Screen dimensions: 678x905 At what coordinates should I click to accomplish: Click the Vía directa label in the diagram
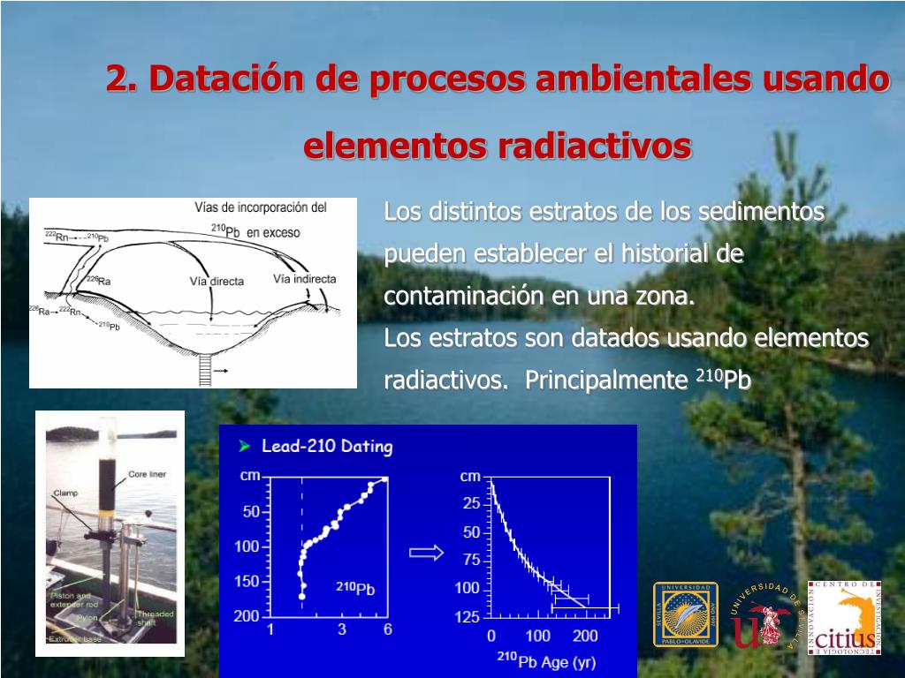coord(217,282)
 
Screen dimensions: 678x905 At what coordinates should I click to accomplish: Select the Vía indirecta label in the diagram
coord(304,279)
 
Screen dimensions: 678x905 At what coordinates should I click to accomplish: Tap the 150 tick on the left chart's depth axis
coord(247,581)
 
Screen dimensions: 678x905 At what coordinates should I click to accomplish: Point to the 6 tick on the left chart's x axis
coord(386,629)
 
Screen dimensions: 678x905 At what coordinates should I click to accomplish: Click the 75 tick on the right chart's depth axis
coord(471,560)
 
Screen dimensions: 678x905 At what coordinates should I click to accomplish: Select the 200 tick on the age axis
coord(585,636)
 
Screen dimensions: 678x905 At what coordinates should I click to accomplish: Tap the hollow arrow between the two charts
coord(426,553)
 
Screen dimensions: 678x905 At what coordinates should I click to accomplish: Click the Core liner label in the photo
coord(147,474)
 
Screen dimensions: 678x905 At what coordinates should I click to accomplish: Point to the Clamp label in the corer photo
coord(65,493)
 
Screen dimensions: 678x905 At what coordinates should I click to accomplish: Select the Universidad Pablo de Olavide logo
coord(685,614)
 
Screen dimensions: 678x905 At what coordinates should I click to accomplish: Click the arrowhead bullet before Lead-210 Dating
coord(245,447)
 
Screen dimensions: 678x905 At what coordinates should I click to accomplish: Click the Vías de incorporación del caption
coord(261,208)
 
